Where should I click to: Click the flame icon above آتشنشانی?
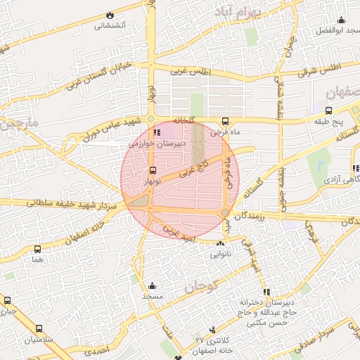pyautogui.click(x=110, y=15)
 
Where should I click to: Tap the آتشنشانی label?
pyautogui.click(x=110, y=25)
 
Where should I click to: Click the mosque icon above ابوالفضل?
pyautogui.click(x=341, y=20)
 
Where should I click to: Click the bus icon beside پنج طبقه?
pyautogui.click(x=328, y=110)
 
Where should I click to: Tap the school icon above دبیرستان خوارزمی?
pyautogui.click(x=157, y=131)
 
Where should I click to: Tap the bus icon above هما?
pyautogui.click(x=37, y=248)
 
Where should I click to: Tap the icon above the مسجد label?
pyautogui.click(x=151, y=285)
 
